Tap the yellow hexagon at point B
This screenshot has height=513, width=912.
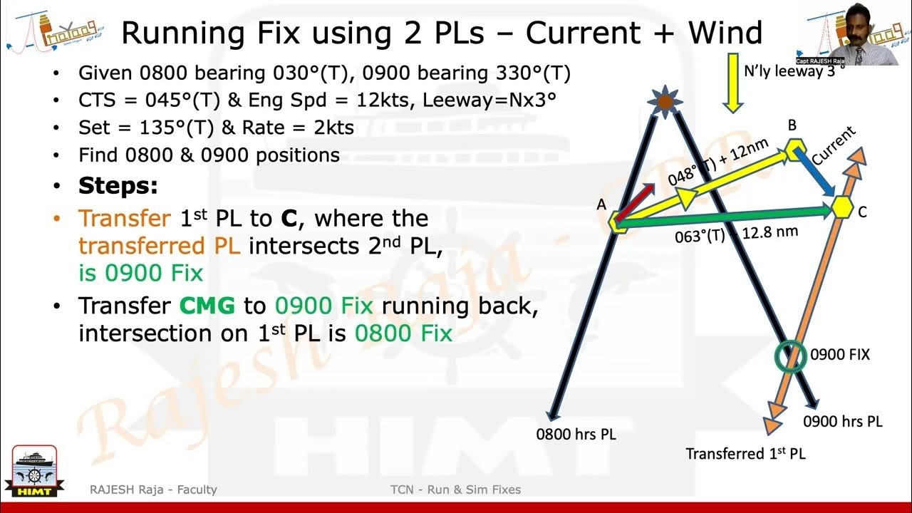click(796, 150)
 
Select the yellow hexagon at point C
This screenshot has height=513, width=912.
click(843, 207)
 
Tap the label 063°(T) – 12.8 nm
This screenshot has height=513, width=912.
click(736, 234)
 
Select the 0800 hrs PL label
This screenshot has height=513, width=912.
click(576, 433)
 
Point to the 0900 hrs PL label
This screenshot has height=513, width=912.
click(842, 421)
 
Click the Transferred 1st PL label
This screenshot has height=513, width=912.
click(745, 454)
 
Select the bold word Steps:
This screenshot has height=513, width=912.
click(118, 187)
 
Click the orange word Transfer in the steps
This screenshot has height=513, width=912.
click(125, 218)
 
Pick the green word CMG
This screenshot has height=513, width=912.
click(207, 306)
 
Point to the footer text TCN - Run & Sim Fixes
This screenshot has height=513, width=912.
click(455, 489)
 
